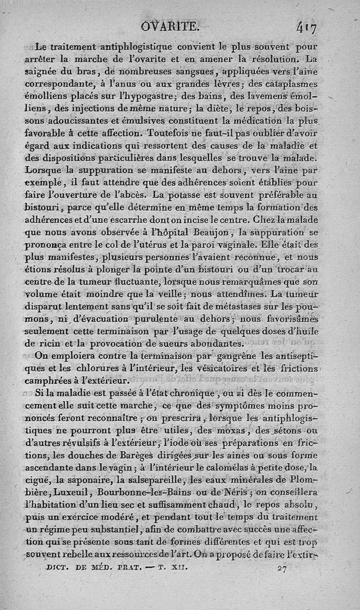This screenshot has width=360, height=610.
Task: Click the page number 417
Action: (306, 28)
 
